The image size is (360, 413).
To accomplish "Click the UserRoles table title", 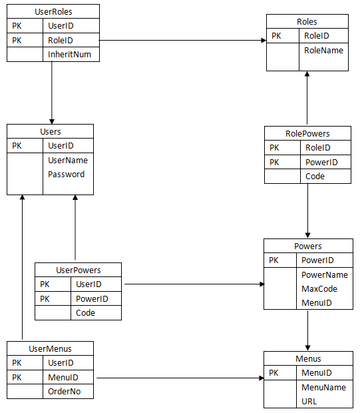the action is coord(53,11).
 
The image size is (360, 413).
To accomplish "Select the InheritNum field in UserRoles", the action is coord(69,54).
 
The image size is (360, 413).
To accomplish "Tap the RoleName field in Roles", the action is coord(323,50).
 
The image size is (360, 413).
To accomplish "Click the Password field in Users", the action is coord(67,174).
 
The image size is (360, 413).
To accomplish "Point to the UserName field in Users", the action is coord(68,160).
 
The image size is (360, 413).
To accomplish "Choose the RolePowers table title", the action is coord(307,133).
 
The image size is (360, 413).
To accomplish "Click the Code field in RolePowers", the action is coord(315,177).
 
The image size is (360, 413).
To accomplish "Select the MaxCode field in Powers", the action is coord(319,288).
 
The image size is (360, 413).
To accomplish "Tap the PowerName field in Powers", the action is coord(325,274).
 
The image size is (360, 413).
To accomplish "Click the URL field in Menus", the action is coord(309,401).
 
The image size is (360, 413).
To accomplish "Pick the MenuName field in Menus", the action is coord(323,387).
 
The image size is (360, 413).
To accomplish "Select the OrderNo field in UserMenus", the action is coord(64,392).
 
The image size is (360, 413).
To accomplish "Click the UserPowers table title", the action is coord(79,270).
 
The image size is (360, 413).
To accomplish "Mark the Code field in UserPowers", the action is coord(86,312).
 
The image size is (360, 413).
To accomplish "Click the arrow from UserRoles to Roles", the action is coord(182,40).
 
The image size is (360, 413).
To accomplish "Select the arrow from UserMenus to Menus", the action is coord(180,378).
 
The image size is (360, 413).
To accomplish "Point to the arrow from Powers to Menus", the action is coord(307,330).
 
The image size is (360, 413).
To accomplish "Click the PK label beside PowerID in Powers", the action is coord(273,260).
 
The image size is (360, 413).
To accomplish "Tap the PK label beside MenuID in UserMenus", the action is coord(17,378).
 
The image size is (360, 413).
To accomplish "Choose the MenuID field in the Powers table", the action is coord(317,302).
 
